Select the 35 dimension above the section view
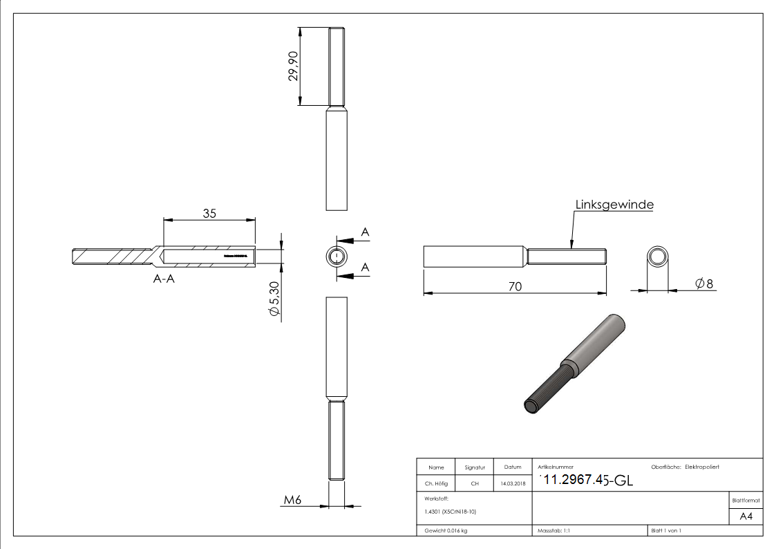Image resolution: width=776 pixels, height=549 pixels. point(209,213)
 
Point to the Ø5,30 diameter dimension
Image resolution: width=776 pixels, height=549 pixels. point(275,299)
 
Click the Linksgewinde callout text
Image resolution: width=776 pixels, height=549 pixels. point(614,205)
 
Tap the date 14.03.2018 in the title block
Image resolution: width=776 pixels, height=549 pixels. point(512,483)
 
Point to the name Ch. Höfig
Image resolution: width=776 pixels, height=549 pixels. point(436,483)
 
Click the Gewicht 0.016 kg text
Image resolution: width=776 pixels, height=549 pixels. point(446,530)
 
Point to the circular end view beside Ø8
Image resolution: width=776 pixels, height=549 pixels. point(658,258)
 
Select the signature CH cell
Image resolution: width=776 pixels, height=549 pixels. point(475,483)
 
